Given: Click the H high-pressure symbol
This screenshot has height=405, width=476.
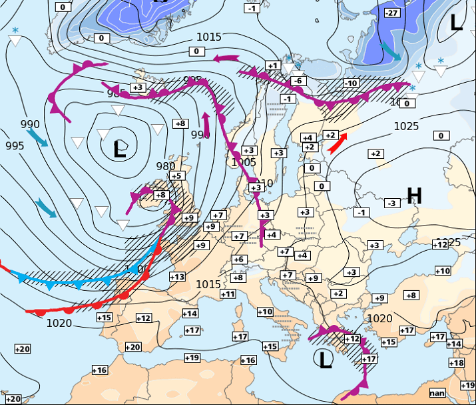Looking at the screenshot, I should tap(414, 195).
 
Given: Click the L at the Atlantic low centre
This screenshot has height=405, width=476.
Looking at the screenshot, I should tap(120, 149).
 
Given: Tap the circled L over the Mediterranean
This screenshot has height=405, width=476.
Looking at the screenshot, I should tap(324, 360).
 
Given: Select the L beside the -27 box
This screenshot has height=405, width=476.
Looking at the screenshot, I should tap(456, 23).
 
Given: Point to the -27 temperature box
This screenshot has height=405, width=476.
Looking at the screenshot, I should tap(393, 13).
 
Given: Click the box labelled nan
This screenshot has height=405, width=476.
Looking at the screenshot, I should tap(437, 393).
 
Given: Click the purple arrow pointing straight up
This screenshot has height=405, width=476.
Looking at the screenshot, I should tap(206, 123).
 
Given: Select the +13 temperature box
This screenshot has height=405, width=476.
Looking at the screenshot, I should tap(177, 277).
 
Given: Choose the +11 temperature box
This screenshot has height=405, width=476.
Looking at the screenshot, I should tap(228, 294).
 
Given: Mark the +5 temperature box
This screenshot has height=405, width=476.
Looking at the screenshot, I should tap(176, 176).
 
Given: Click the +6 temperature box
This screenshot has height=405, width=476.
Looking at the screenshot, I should tap(239, 260).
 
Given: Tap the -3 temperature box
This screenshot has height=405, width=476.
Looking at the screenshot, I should tap(392, 203).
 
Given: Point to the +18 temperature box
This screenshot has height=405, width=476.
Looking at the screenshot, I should tap(457, 363).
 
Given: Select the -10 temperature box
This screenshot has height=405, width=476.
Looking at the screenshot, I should tap(351, 83).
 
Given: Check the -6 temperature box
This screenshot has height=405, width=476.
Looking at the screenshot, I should tap(298, 81).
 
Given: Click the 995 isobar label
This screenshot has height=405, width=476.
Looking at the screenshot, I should tap(15, 145).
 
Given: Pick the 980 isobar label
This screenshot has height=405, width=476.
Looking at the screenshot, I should tap(166, 166).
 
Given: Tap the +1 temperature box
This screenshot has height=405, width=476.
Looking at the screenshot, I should tap(272, 65).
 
